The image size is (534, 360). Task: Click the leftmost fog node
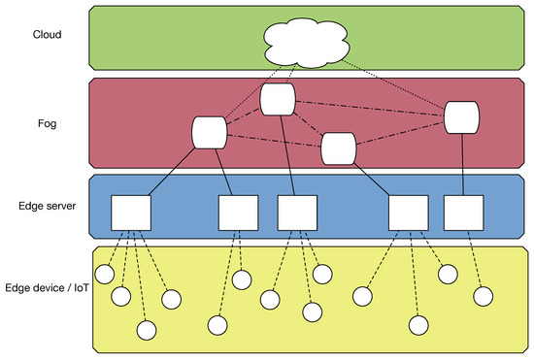pyautogui.click(x=210, y=132)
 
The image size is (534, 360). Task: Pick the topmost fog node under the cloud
pyautogui.click(x=278, y=99)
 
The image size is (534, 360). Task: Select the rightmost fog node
pyautogui.click(x=462, y=118)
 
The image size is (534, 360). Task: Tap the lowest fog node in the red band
pyautogui.click(x=339, y=148)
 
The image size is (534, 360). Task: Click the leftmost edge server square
pyautogui.click(x=130, y=213)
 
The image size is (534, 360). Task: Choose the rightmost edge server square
pyautogui.click(x=462, y=213)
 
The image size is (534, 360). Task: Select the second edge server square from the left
pyautogui.click(x=238, y=213)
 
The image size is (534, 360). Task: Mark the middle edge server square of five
pyautogui.click(x=295, y=213)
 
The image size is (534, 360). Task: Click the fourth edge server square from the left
pyautogui.click(x=407, y=213)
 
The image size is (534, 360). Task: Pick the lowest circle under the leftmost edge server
pyautogui.click(x=147, y=330)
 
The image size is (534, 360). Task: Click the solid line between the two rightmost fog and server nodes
pyautogui.click(x=462, y=165)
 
